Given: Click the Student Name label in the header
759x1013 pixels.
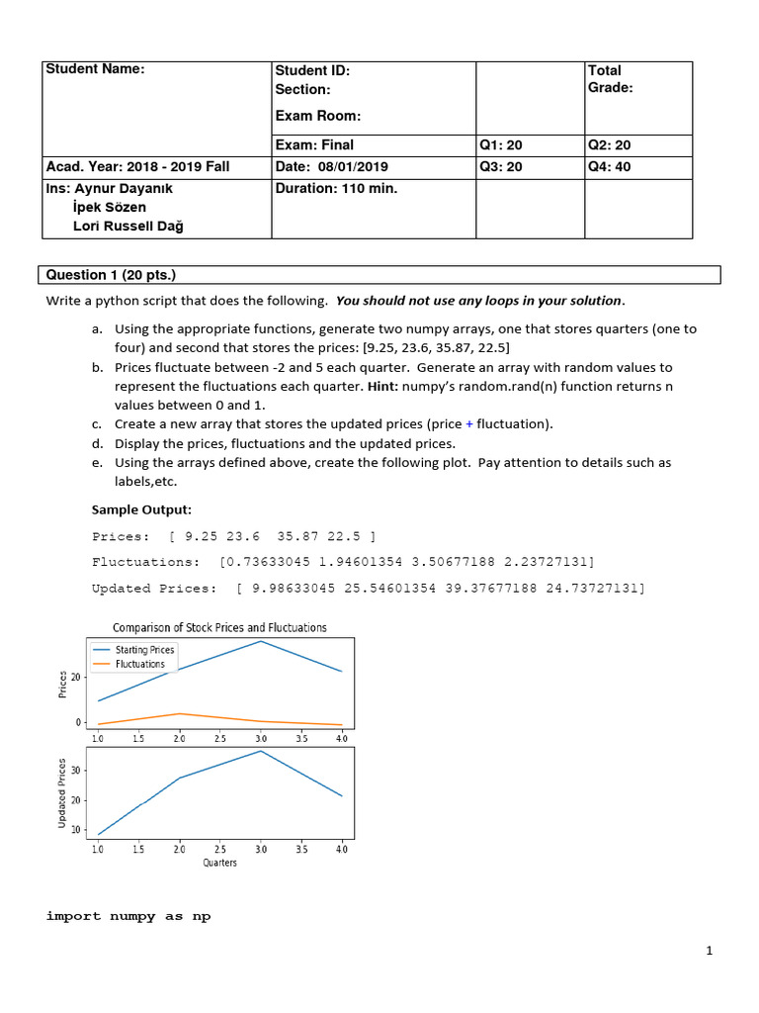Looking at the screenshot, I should pos(96,68).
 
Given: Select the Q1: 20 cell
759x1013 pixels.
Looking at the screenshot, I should pos(501,145).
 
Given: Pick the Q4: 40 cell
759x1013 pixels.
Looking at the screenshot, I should pos(609,166).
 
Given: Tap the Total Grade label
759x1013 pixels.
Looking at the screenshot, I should pos(610,79).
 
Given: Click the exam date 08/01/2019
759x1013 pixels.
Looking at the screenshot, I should pos(332,166).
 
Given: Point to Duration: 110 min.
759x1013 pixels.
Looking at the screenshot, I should pos(336,188).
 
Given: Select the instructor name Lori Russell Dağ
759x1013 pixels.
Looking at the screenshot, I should pos(128,226).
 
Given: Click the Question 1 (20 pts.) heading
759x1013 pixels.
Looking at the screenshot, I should pos(111,275).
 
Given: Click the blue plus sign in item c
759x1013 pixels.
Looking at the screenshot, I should pos(469,424).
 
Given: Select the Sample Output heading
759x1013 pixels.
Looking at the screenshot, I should pos(141,509).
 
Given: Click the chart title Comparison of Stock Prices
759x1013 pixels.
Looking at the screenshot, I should pos(219,627).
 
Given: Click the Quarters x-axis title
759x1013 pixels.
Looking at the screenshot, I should pos(219,863).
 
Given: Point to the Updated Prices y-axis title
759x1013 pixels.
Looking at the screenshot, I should pos(63,793).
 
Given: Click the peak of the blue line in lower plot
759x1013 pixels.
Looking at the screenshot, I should pos(261,751).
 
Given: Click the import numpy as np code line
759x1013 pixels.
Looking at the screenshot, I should pos(128,916).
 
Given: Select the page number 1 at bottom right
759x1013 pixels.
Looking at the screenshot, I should pos(710,952).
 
